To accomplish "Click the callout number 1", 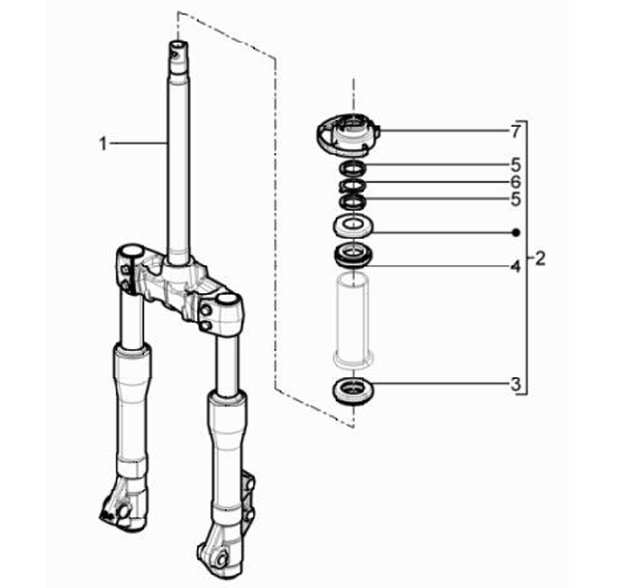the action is tap(103, 144).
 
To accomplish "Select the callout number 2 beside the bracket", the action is tap(540, 259).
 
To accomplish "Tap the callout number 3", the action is tap(516, 384).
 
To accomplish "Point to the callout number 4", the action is tap(516, 267).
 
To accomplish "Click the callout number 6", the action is tap(516, 183).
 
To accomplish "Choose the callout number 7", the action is tap(516, 131).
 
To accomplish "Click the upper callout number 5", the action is tap(516, 165).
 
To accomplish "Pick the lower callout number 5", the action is tap(516, 200).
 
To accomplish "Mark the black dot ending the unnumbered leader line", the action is tap(517, 233).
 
